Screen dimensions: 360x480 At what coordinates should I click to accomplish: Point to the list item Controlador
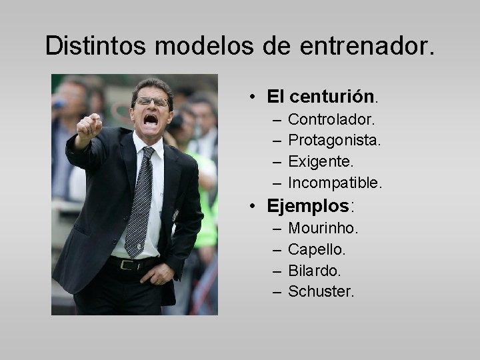click(331, 120)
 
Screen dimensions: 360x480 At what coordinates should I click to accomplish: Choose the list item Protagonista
click(335, 141)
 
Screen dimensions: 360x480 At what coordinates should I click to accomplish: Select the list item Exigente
click(321, 161)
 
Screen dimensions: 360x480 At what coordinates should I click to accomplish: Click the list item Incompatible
click(335, 182)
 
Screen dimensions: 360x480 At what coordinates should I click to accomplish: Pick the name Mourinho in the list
click(323, 229)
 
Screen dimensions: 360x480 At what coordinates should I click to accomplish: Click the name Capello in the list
click(317, 249)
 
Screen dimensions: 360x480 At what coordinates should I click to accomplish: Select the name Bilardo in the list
click(315, 271)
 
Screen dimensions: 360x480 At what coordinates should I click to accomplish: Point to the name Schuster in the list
click(321, 291)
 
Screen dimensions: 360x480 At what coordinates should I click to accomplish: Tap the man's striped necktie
click(139, 200)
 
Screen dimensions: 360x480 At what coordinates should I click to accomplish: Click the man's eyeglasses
click(152, 102)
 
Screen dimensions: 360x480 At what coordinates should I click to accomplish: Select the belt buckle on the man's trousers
click(125, 264)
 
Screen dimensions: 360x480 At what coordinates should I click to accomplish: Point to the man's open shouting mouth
click(151, 119)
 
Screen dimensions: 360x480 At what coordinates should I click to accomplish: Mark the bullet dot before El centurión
click(254, 97)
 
